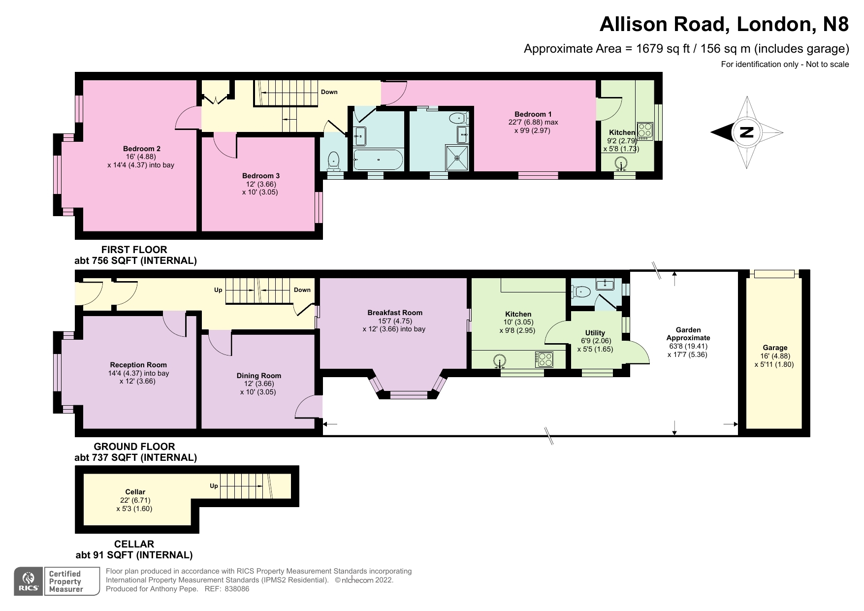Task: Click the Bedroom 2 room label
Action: pos(142,149)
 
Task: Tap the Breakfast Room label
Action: pos(395,313)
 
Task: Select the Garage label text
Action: pos(775,348)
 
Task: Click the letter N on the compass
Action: pos(747,132)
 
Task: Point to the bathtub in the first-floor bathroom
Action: pos(378,160)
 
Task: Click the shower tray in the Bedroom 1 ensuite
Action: pos(458,158)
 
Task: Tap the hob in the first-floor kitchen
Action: pos(645,130)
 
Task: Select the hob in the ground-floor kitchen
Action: pos(544,359)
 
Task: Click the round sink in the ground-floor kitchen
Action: pos(500,361)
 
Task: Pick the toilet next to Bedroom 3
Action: pos(334,160)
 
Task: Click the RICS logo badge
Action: pos(29,581)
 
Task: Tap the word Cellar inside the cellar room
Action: pos(135,492)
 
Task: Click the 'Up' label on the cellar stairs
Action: pos(214,486)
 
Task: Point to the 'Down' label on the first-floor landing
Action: pos(329,92)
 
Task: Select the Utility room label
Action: pos(595,333)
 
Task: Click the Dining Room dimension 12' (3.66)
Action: pos(259,384)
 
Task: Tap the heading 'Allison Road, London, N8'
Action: pos(724,24)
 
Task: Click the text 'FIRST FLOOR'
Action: pos(134,250)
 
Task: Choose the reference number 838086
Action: pos(237,589)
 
